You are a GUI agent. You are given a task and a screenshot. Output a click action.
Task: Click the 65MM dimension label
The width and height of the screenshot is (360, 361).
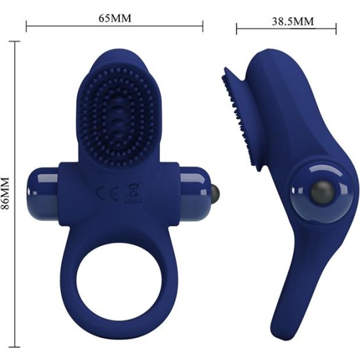point(115,18)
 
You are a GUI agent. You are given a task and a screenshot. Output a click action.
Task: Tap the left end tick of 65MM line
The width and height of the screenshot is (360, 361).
point(26,26)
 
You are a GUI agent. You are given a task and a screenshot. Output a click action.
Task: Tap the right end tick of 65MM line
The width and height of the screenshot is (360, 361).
point(203,26)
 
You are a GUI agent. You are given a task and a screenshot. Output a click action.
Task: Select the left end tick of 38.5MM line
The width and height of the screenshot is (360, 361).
point(237,28)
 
